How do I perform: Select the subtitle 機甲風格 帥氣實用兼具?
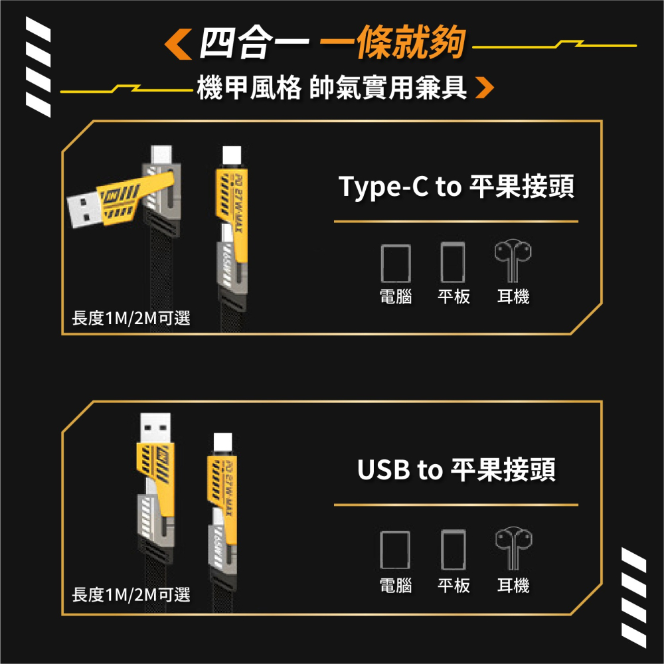pos(332,88)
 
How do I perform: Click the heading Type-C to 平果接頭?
pos(456,188)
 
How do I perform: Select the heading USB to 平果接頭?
pos(456,470)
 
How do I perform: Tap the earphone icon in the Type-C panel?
pos(513,262)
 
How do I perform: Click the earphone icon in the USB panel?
pos(513,549)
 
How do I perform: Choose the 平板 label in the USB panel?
pos(454,586)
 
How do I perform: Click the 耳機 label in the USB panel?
pos(513,586)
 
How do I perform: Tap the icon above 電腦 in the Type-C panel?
pos(396,263)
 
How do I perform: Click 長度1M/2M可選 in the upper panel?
pos(131,319)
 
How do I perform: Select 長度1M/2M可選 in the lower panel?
pos(131,595)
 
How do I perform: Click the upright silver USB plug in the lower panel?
pos(155,429)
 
